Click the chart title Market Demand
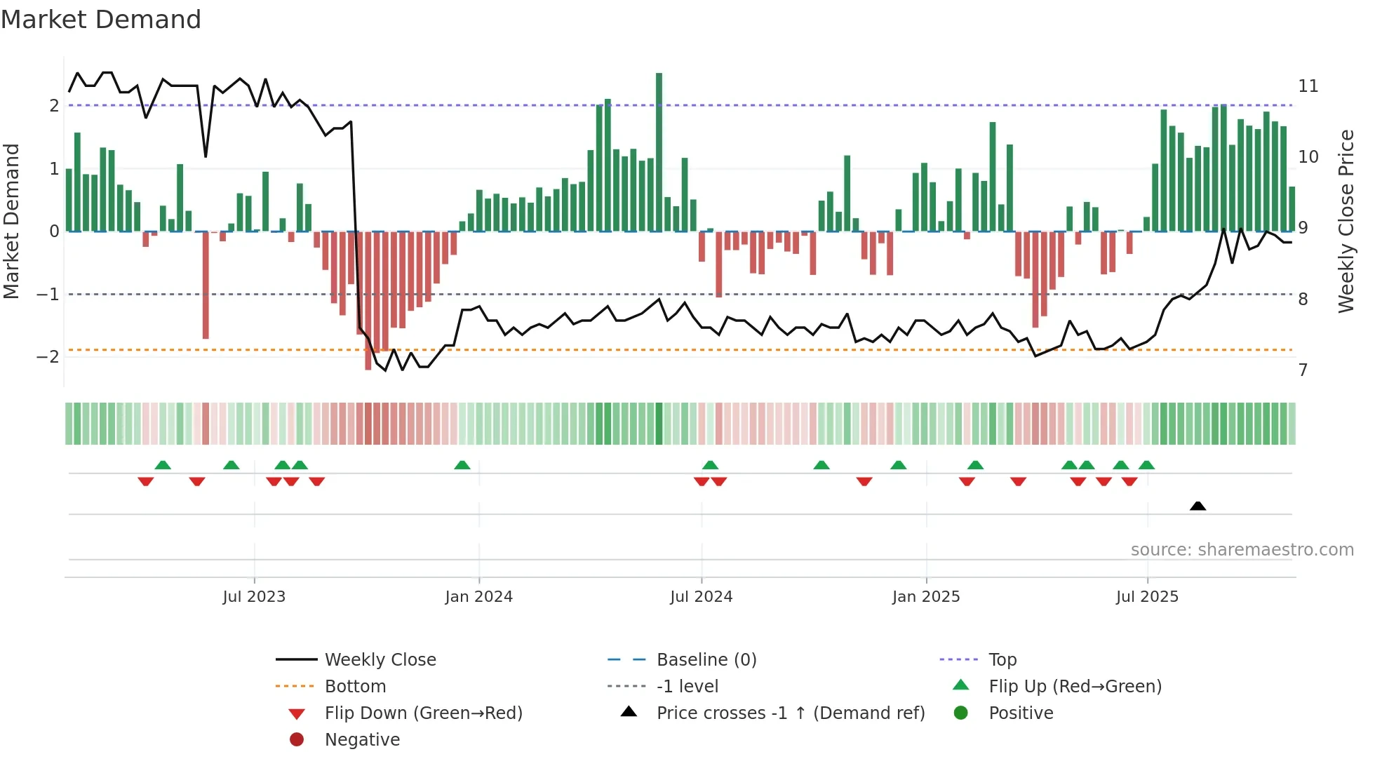[x=101, y=20]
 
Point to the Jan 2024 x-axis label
[x=478, y=597]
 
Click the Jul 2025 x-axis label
[x=1147, y=597]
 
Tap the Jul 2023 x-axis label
[x=254, y=597]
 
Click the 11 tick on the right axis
[x=1308, y=86]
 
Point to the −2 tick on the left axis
[x=48, y=356]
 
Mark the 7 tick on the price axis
[x=1303, y=370]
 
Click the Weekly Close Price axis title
[x=1346, y=221]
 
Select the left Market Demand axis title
[x=11, y=221]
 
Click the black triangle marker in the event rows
[x=1198, y=506]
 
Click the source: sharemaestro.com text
[x=1242, y=549]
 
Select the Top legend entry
[x=1002, y=659]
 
